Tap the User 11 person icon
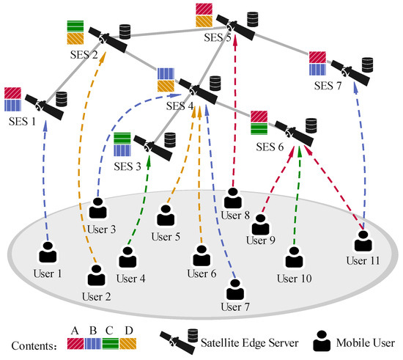coord(363,241)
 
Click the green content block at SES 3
coord(122,138)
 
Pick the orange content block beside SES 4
coord(166,86)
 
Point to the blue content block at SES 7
coord(317,70)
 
